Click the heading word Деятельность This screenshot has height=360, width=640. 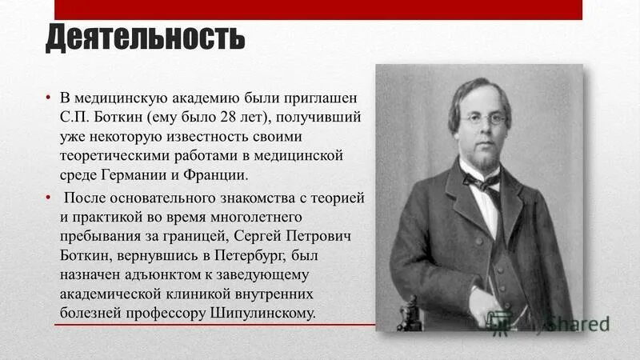pos(145,38)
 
